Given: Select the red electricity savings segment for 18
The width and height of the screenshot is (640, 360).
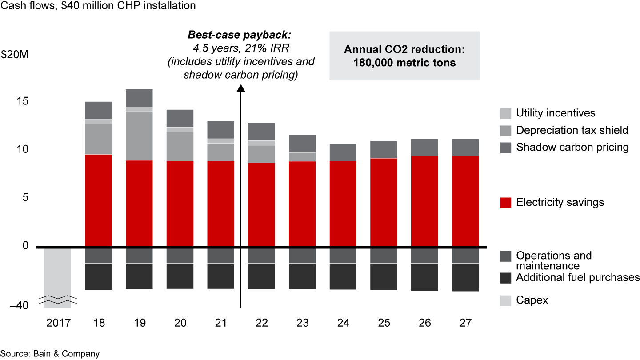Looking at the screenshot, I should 98,200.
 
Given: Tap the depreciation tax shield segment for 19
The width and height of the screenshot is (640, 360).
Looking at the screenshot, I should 139,136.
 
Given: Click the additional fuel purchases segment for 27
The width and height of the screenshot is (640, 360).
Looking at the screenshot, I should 465,277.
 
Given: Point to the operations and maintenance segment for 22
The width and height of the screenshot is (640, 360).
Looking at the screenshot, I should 262,256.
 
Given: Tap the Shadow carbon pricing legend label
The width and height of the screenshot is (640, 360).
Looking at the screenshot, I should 572,148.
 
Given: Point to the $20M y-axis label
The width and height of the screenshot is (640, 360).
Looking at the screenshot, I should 14,56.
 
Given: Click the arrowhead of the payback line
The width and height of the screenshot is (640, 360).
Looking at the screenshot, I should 241,88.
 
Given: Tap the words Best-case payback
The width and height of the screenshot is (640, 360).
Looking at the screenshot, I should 242,35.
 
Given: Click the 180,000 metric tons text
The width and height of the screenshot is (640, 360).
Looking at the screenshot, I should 404,63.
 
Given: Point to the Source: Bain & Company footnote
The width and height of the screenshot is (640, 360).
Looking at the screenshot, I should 50,354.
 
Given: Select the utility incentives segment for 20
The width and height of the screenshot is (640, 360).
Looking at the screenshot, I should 180,129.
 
